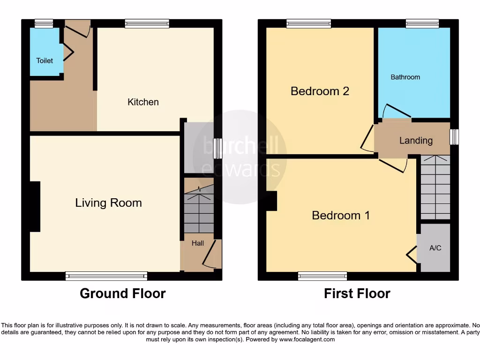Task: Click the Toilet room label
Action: pyautogui.click(x=45, y=60)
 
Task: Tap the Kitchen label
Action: pyautogui.click(x=143, y=102)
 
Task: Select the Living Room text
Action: pyautogui.click(x=108, y=202)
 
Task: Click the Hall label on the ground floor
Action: pyautogui.click(x=197, y=243)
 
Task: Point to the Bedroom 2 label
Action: pyautogui.click(x=320, y=91)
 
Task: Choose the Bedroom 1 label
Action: pyautogui.click(x=341, y=215)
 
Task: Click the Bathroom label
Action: pyautogui.click(x=405, y=77)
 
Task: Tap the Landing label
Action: pyautogui.click(x=416, y=140)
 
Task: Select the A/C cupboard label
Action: pyautogui.click(x=435, y=247)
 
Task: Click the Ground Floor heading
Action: pyautogui.click(x=122, y=293)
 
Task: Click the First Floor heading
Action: pyautogui.click(x=357, y=293)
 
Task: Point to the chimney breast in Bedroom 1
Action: pyautogui.click(x=271, y=201)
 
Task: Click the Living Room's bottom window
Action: pyautogui.click(x=106, y=276)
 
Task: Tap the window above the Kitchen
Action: pyautogui.click(x=147, y=23)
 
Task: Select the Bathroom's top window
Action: pyautogui.click(x=422, y=23)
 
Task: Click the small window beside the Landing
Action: pyautogui.click(x=454, y=137)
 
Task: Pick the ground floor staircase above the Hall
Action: pyautogui.click(x=199, y=209)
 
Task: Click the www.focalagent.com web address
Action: pyautogui.click(x=307, y=339)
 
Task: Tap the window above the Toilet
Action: pyautogui.click(x=44, y=23)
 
